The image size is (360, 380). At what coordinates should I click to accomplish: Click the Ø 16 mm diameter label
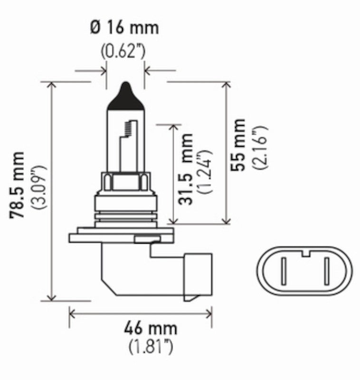[124, 28]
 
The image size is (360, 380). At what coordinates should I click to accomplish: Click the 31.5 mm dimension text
[187, 169]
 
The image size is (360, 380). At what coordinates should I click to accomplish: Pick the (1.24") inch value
[205, 171]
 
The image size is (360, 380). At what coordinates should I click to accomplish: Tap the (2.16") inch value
[259, 147]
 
